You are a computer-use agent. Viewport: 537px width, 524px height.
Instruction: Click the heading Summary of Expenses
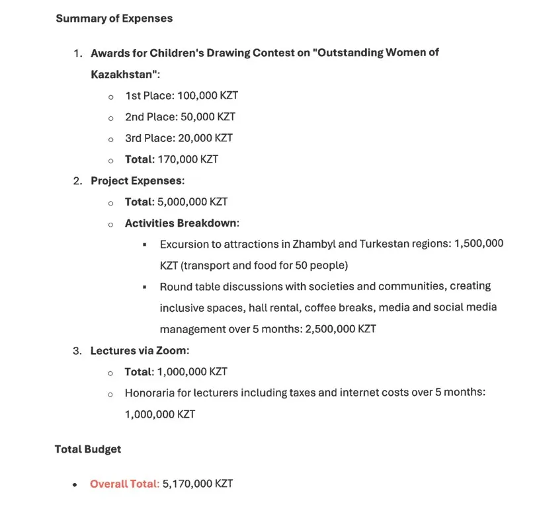click(114, 19)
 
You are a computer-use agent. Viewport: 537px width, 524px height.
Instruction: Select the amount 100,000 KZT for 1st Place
click(208, 96)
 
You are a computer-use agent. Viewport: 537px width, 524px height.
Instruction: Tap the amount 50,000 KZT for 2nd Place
click(208, 117)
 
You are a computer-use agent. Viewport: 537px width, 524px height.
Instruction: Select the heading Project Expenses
click(137, 180)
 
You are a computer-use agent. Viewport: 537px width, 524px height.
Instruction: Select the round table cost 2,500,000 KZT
click(340, 328)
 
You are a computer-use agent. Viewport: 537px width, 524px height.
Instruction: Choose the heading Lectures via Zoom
click(140, 350)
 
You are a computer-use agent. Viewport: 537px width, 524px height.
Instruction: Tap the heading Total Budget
click(88, 449)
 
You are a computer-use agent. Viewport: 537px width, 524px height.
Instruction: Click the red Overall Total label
click(124, 484)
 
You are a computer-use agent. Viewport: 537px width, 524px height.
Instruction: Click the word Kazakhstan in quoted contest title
click(124, 74)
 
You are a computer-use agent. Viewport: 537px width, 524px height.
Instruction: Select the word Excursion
click(185, 244)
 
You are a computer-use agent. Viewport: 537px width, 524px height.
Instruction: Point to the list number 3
click(76, 350)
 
